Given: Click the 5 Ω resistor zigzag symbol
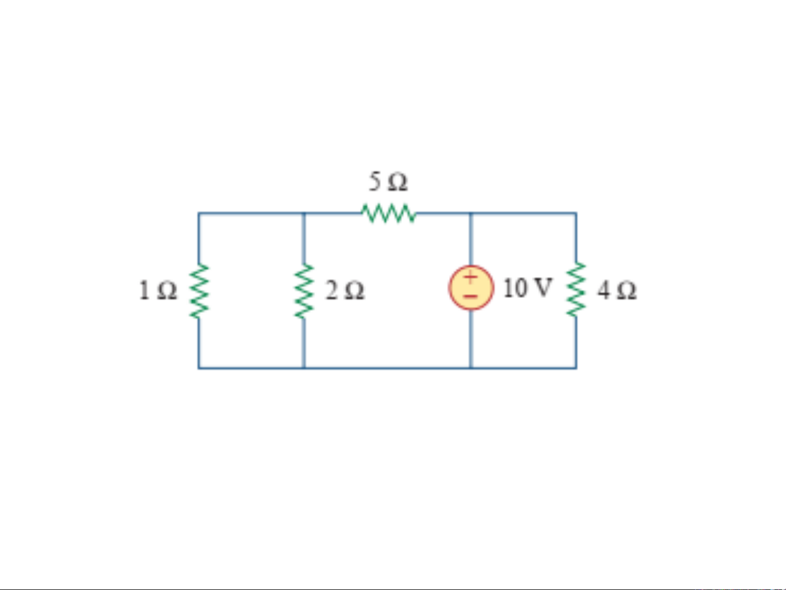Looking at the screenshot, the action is pyautogui.click(x=389, y=213).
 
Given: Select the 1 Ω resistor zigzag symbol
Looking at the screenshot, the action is pyautogui.click(x=199, y=291).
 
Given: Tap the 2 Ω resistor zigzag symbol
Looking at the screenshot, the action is pyautogui.click(x=304, y=291).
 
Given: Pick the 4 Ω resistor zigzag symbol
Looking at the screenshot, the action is pyautogui.click(x=576, y=289).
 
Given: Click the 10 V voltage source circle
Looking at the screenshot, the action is pyautogui.click(x=471, y=287).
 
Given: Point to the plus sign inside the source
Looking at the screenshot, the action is pyautogui.click(x=471, y=277).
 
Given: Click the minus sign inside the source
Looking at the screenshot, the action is pyautogui.click(x=471, y=296).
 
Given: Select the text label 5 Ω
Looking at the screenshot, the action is pyautogui.click(x=388, y=181).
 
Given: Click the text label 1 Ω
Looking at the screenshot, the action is pyautogui.click(x=158, y=290).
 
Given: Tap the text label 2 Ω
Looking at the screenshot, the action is pyautogui.click(x=345, y=290).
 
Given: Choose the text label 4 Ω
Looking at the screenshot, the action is pyautogui.click(x=617, y=290).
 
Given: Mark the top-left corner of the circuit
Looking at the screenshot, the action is pyautogui.click(x=199, y=213).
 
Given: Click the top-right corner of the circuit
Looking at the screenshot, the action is pyautogui.click(x=576, y=213).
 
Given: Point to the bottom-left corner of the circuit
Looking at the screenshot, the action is pyautogui.click(x=199, y=368).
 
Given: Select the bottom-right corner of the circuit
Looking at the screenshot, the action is pyautogui.click(x=576, y=368).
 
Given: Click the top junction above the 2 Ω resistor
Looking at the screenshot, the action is pyautogui.click(x=304, y=213).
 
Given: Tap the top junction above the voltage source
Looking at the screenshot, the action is pyautogui.click(x=471, y=213).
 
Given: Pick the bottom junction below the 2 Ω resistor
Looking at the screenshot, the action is pyautogui.click(x=304, y=368).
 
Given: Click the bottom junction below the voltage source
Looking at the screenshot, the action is pyautogui.click(x=471, y=368).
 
